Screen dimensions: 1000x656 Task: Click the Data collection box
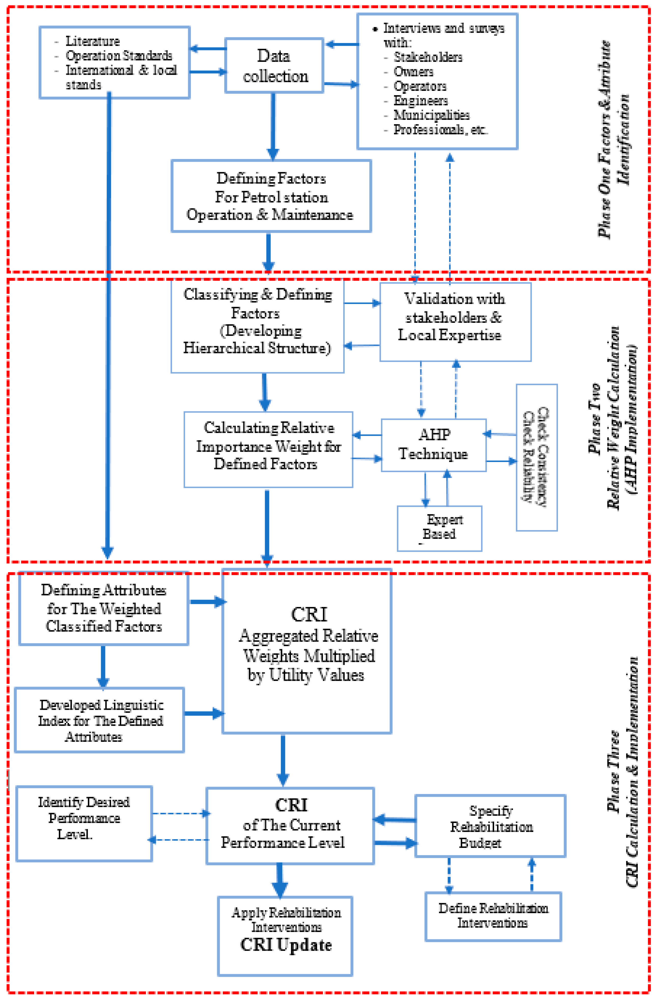coord(274,66)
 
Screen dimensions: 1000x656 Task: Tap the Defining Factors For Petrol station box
coord(271,196)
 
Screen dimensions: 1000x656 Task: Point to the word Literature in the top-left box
coord(92,41)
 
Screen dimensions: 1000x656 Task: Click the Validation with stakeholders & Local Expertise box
coord(455,322)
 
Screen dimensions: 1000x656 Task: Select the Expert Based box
coord(439,528)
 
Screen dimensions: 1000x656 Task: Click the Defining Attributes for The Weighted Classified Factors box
coord(103,608)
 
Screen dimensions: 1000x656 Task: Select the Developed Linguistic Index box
coord(100,720)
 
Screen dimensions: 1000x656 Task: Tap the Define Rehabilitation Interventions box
coord(493,916)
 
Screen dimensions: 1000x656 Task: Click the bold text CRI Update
coord(286,945)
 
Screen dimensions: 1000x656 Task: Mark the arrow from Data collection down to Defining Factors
coord(273,126)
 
